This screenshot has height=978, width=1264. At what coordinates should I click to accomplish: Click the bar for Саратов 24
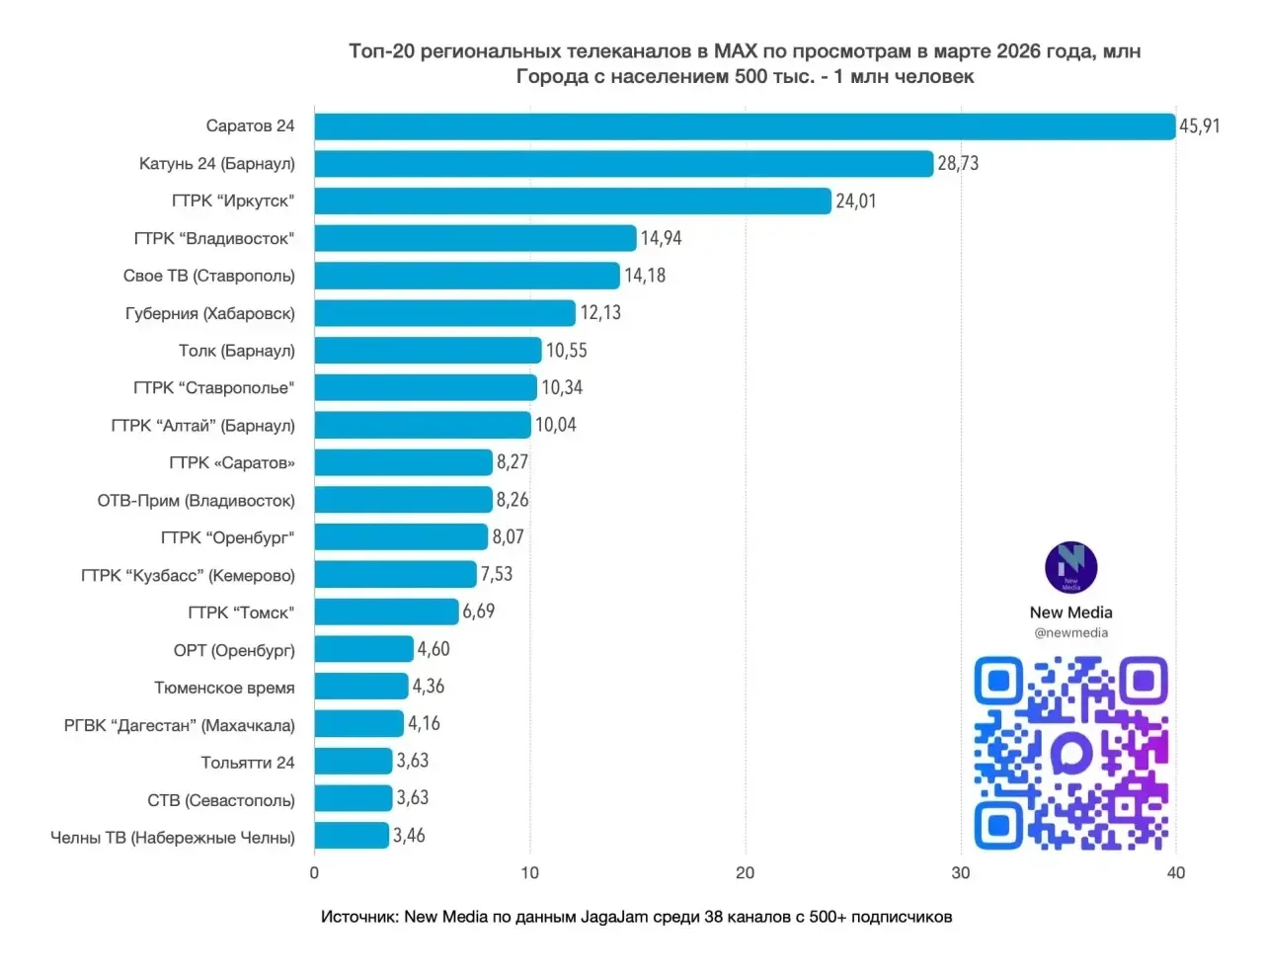745,126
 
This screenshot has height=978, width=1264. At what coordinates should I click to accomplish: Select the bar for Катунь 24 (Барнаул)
623,164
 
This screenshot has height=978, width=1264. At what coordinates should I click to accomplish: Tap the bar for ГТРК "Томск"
386,612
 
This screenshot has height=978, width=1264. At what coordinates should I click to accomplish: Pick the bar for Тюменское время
361,687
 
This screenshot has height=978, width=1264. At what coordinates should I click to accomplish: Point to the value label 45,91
1199,126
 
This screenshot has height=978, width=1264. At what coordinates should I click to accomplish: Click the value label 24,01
856,202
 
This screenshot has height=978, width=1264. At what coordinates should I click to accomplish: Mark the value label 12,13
600,313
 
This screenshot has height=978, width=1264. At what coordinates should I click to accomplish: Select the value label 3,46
409,836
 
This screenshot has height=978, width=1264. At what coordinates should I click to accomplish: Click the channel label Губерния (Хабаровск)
210,313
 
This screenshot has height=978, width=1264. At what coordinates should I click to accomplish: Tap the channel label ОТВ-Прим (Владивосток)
197,501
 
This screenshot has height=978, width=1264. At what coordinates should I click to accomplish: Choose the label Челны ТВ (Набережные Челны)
173,838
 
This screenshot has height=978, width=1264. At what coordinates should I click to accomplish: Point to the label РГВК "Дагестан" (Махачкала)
180,725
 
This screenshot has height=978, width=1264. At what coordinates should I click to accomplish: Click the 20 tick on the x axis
745,873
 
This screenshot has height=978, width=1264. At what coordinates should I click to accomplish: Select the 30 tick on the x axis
960,873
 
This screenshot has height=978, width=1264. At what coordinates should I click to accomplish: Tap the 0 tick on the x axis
314,873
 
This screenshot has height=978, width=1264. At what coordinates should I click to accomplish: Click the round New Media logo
1070,568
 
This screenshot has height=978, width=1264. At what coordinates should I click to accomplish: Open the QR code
1070,753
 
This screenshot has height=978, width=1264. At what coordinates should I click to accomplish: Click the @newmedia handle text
1070,633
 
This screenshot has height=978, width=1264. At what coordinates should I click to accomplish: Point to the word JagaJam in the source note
614,917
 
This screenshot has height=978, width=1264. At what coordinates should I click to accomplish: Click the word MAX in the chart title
735,51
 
